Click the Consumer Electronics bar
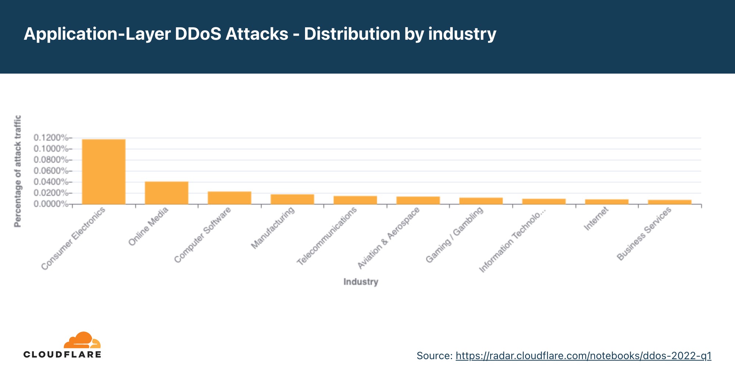[x=104, y=171]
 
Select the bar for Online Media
[x=166, y=193]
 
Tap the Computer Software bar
[x=229, y=198]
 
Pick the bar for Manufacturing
[x=292, y=199]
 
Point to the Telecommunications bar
[x=355, y=200]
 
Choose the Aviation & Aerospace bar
[x=418, y=201]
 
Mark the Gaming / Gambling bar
[x=481, y=201]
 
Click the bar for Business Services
[x=670, y=202]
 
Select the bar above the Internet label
[x=606, y=202]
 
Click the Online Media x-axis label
[x=148, y=226]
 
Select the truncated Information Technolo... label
[x=512, y=241]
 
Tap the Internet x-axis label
[x=596, y=219]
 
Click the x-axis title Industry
[x=361, y=282]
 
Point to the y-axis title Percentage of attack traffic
[x=18, y=171]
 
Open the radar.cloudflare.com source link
[x=583, y=356]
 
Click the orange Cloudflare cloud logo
[x=82, y=340]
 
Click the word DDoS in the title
[x=198, y=34]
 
